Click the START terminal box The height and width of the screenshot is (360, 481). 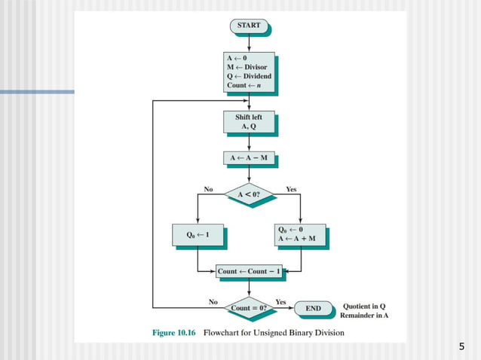point(248,26)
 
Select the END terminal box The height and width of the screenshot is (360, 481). point(313,308)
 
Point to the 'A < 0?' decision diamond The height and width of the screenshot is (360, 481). point(248,194)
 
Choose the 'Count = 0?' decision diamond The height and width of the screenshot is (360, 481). point(248,307)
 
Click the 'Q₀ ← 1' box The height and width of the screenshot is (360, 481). point(197,234)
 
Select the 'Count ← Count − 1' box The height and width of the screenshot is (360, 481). point(248,270)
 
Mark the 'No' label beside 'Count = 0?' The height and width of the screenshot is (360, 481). point(213,301)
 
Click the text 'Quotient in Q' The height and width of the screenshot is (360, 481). point(364,306)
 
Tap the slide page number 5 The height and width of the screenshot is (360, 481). point(461,346)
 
